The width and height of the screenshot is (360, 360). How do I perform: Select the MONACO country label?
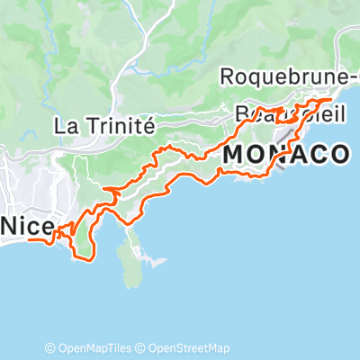click(x=284, y=155)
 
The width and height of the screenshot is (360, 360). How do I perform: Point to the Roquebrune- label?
click(x=287, y=77)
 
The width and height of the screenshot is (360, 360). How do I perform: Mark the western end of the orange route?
click(x=29, y=240)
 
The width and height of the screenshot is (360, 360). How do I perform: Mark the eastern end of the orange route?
click(x=331, y=100)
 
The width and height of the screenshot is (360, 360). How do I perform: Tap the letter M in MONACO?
click(x=231, y=155)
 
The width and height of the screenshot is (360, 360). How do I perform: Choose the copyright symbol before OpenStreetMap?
click(x=141, y=348)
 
